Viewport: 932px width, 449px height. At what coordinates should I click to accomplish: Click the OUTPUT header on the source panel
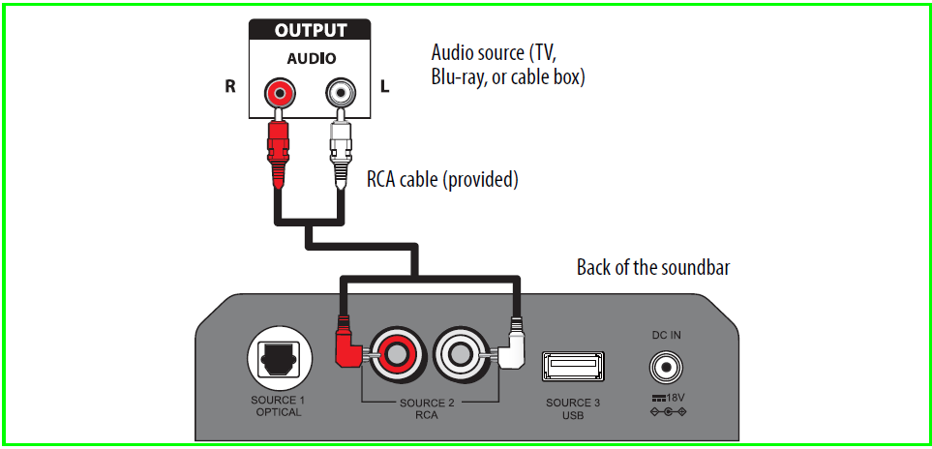[x=310, y=30]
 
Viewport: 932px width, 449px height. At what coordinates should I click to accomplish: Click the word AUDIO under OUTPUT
[x=310, y=58]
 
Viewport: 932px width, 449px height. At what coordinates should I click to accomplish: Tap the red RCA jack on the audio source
[x=280, y=93]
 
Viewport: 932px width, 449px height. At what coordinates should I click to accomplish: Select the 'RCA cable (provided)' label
[x=442, y=179]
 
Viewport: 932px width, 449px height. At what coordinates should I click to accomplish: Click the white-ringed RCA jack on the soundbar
[x=466, y=355]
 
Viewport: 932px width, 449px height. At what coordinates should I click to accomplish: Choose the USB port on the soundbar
[x=575, y=367]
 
